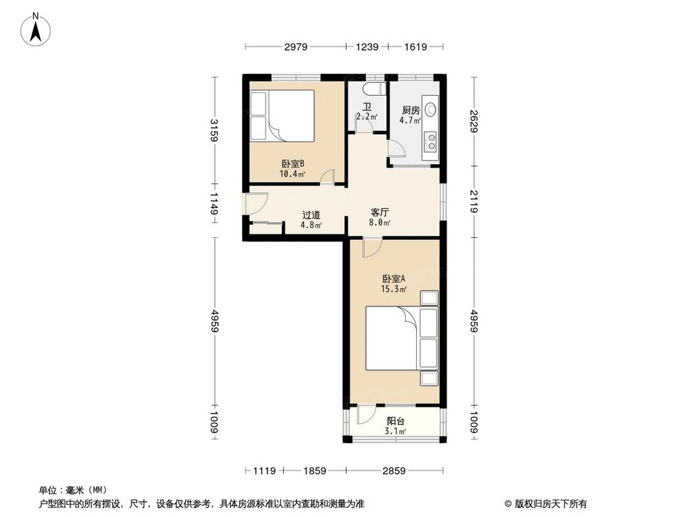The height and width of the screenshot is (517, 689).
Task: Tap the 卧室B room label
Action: [293, 164]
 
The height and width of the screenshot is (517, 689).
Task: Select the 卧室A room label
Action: [394, 278]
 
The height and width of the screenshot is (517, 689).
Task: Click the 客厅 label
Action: [379, 213]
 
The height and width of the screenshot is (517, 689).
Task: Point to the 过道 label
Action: [311, 214]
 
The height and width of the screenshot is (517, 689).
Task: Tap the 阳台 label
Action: [395, 421]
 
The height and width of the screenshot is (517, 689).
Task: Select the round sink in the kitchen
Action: [431, 109]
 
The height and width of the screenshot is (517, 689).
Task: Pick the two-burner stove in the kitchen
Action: [431, 141]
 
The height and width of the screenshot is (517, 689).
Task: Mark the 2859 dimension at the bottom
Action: [395, 471]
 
